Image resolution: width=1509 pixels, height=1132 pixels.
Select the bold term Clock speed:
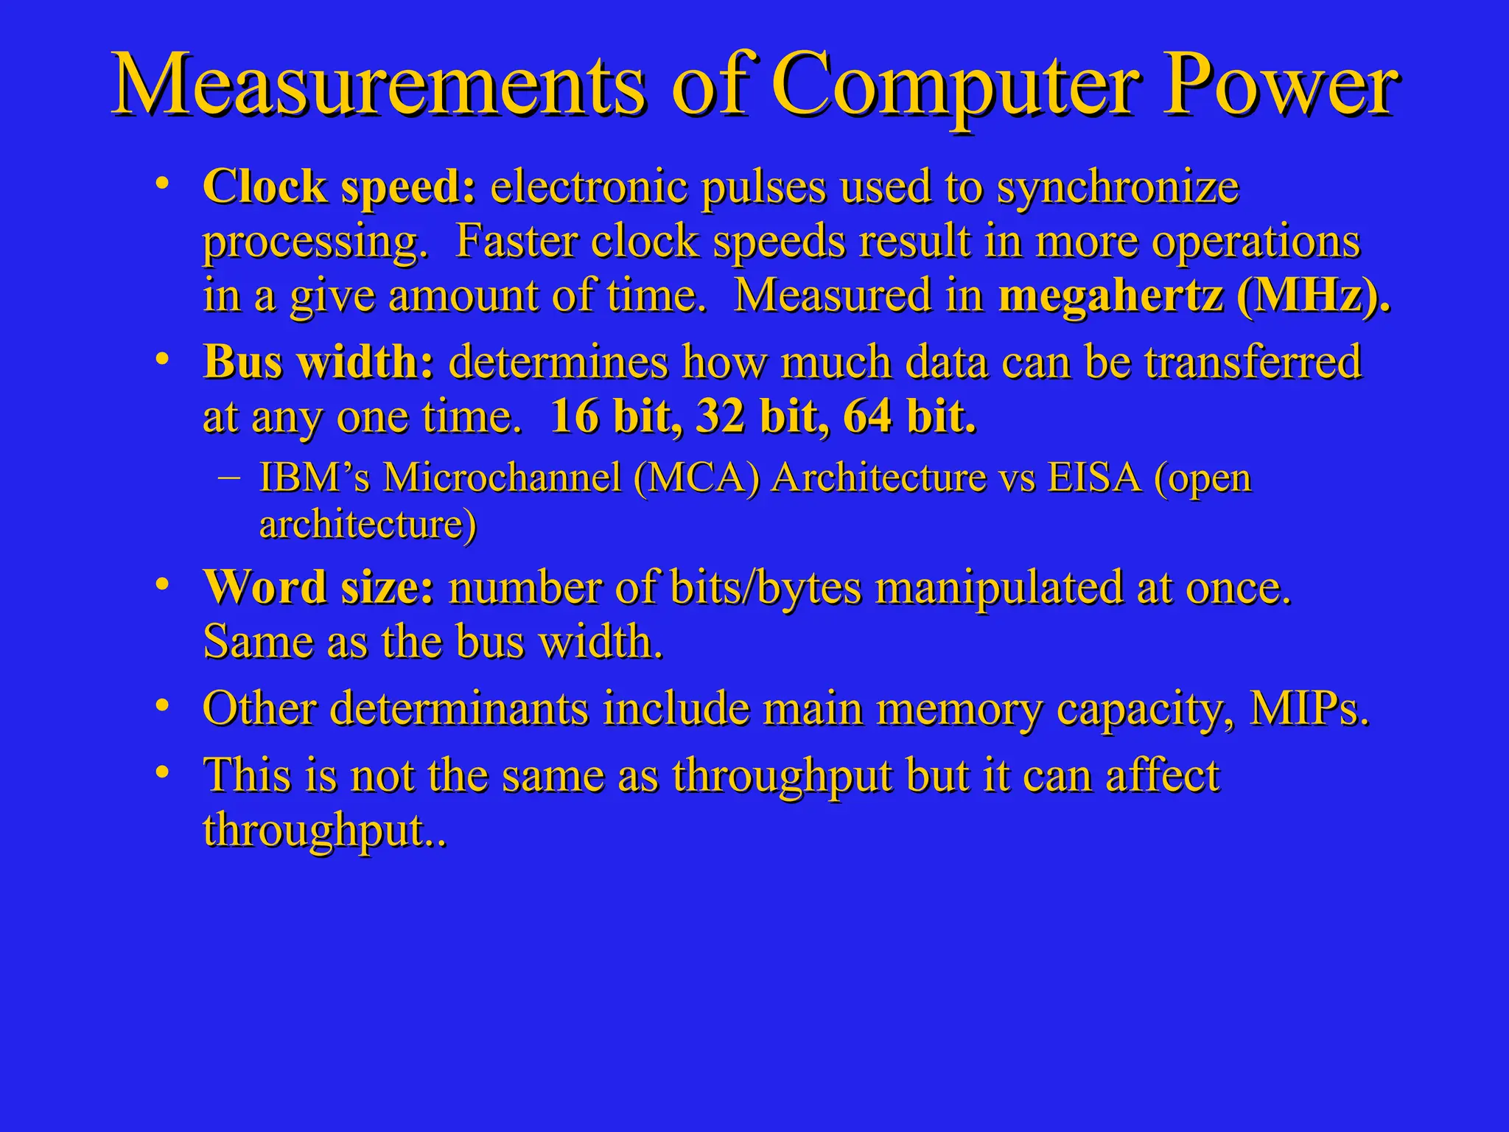(x=340, y=187)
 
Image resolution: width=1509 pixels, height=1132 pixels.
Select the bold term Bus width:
(x=318, y=363)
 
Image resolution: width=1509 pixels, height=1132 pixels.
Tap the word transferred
(x=1253, y=363)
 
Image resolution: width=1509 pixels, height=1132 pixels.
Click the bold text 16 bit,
(x=616, y=417)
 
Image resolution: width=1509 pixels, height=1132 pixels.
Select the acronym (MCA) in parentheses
(x=696, y=478)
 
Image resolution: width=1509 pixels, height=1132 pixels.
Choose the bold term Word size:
(x=318, y=589)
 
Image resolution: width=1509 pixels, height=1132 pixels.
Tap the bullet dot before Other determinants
(x=163, y=706)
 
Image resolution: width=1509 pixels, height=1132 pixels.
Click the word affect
(x=1162, y=776)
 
